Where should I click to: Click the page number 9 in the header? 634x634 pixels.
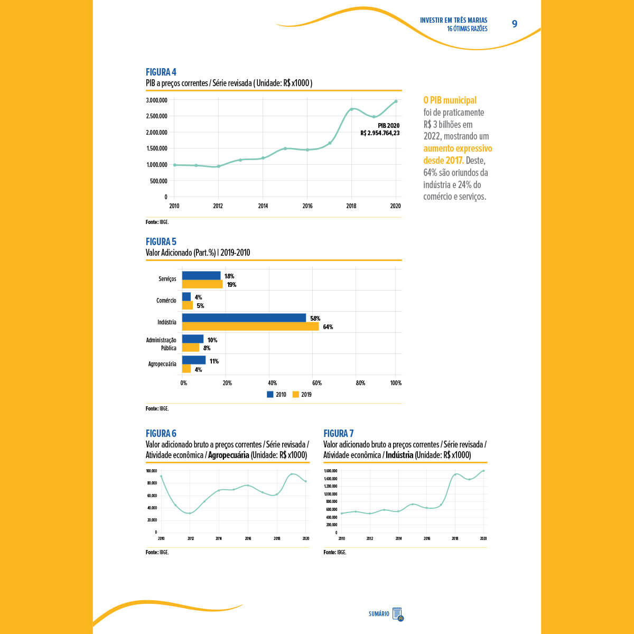pyautogui.click(x=515, y=24)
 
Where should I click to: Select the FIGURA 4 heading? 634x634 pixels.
pyautogui.click(x=161, y=72)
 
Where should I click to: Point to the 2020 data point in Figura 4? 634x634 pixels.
pyautogui.click(x=396, y=101)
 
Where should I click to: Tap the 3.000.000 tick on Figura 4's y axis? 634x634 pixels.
pyautogui.click(x=156, y=100)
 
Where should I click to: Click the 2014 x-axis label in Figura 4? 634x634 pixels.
pyautogui.click(x=263, y=206)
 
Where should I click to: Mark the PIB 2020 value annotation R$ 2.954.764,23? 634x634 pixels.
pyautogui.click(x=380, y=133)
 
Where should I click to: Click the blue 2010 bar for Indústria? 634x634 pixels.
pyautogui.click(x=244, y=318)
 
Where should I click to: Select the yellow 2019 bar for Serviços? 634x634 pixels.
pyautogui.click(x=202, y=284)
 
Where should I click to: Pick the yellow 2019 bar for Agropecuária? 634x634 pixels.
pyautogui.click(x=187, y=369)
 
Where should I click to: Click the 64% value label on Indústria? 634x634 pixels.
pyautogui.click(x=328, y=327)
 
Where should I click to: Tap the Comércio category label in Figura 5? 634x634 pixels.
pyautogui.click(x=166, y=301)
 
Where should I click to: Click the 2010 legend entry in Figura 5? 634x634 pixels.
pyautogui.click(x=276, y=395)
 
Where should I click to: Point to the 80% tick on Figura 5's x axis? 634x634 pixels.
pyautogui.click(x=360, y=383)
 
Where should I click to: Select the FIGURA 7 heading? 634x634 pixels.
pyautogui.click(x=339, y=434)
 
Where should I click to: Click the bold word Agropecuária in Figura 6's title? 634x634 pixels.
pyautogui.click(x=228, y=455)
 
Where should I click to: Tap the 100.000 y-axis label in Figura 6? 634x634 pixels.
pyautogui.click(x=151, y=471)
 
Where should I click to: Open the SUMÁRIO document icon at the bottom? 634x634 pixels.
pyautogui.click(x=398, y=614)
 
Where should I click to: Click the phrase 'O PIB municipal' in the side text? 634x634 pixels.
pyautogui.click(x=450, y=100)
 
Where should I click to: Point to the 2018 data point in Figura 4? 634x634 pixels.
pyautogui.click(x=351, y=109)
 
